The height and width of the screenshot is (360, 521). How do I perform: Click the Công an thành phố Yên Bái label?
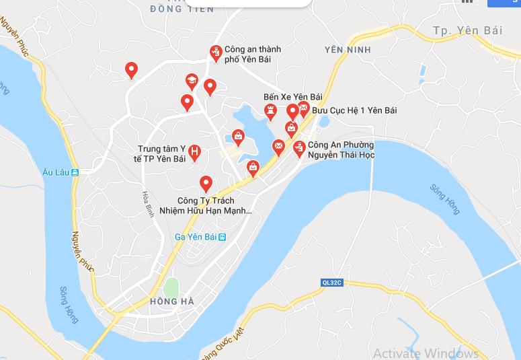tap(253, 54)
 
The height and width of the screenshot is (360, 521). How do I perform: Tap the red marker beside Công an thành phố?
tap(216, 52)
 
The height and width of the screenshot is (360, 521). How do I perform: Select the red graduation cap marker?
tap(192, 81)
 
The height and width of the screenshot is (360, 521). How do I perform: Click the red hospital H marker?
tap(194, 152)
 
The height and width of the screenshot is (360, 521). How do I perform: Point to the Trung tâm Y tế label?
tap(161, 153)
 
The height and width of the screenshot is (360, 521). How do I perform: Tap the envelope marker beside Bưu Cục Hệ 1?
tap(303, 108)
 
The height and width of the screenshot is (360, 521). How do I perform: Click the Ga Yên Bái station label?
tap(196, 237)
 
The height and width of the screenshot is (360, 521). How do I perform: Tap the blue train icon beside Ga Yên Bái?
tap(223, 237)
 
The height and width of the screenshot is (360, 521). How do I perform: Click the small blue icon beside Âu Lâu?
tap(75, 172)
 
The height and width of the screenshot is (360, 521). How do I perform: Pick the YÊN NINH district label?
tap(347, 50)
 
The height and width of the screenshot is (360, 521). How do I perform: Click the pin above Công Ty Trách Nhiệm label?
tap(206, 182)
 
